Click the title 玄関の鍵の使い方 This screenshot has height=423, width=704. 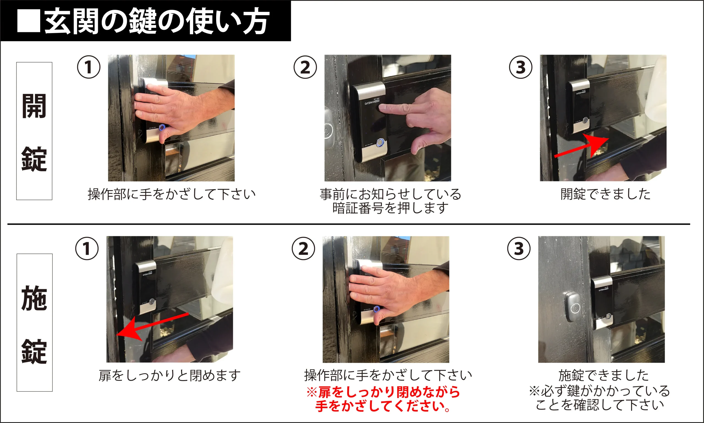(156, 21)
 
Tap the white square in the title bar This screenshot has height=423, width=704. (29, 21)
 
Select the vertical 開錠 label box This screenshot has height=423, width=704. (34, 131)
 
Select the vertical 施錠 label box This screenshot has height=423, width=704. (34, 322)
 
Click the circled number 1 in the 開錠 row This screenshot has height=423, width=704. (89, 67)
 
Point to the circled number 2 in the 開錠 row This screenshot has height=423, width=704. (305, 67)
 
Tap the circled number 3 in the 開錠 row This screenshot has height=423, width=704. (521, 67)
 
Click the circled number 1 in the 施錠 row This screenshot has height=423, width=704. (87, 249)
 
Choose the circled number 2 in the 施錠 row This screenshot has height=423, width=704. (303, 249)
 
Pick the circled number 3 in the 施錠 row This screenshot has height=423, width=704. (519, 249)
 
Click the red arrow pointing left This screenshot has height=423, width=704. (153, 325)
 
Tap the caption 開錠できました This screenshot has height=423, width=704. (606, 194)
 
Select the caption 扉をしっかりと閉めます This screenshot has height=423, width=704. (170, 375)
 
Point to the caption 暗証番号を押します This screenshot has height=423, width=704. (391, 208)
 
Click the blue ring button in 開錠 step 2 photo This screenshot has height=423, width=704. (381, 143)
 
